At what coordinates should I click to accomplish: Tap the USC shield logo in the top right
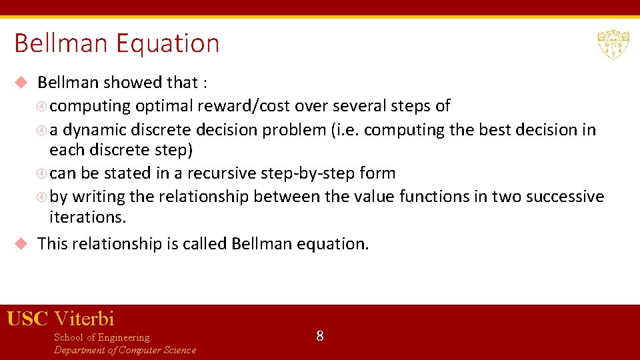click(x=613, y=44)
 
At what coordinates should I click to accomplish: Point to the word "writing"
click(x=95, y=197)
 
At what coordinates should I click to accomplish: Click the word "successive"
click(x=565, y=197)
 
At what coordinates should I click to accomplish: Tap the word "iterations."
click(x=87, y=217)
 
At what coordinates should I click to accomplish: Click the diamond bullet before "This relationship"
click(x=21, y=244)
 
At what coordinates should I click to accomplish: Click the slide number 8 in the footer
click(x=320, y=336)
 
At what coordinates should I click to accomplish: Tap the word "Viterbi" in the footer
click(x=84, y=319)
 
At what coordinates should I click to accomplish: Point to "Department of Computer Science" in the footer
click(x=125, y=350)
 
